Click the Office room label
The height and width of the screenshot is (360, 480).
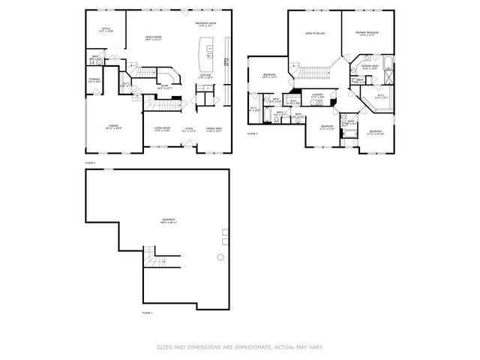click(x=106, y=31)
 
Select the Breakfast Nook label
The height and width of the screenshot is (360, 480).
click(x=206, y=25)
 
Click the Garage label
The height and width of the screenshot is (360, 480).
click(x=112, y=127)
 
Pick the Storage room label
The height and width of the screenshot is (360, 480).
click(x=94, y=79)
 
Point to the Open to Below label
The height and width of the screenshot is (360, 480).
click(x=314, y=34)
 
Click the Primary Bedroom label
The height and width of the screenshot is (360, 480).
click(x=367, y=34)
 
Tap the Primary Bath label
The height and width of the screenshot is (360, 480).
click(x=369, y=67)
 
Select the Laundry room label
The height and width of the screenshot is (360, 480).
click(x=317, y=96)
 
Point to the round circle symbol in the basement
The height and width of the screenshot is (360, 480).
click(x=220, y=257)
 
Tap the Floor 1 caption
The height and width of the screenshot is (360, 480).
click(x=147, y=312)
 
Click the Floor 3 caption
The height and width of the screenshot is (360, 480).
click(x=253, y=133)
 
